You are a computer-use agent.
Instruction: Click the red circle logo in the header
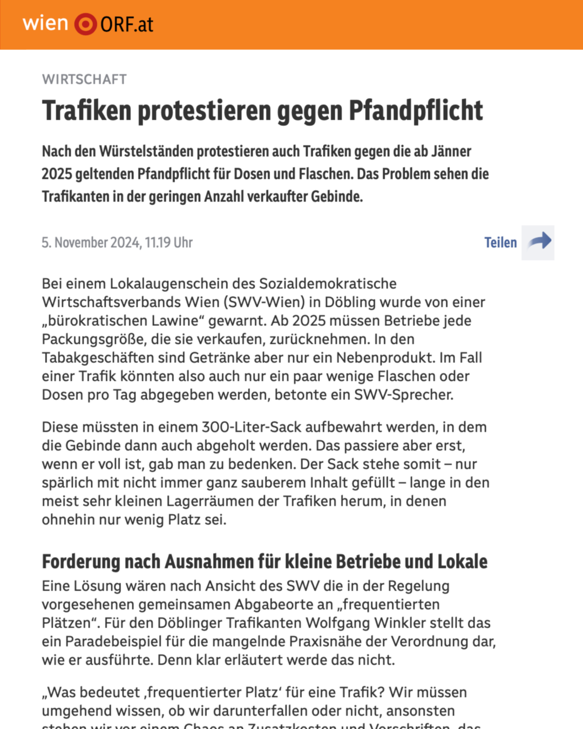pyautogui.click(x=85, y=24)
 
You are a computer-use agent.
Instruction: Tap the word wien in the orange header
pyautogui.click(x=45, y=23)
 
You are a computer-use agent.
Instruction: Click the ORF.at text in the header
pyautogui.click(x=127, y=25)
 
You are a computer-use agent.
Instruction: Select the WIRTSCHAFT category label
pyautogui.click(x=84, y=79)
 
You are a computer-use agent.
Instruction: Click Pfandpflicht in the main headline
pyautogui.click(x=416, y=111)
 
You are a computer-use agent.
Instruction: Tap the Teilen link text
pyautogui.click(x=500, y=243)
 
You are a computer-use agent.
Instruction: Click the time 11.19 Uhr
pyautogui.click(x=169, y=243)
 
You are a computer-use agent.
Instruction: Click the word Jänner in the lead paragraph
pyautogui.click(x=451, y=152)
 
